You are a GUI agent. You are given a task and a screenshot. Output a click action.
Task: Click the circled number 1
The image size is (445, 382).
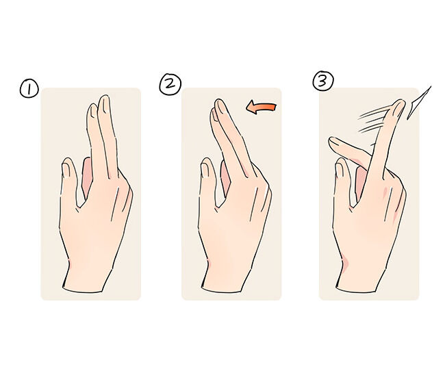(29, 88)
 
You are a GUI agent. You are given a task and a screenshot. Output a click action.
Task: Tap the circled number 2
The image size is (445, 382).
(170, 84)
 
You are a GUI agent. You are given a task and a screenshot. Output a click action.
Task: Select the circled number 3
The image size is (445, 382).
(323, 81)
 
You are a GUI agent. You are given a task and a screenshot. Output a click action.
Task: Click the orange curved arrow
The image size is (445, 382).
(261, 108)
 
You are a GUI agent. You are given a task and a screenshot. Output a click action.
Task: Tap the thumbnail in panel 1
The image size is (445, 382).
(66, 170)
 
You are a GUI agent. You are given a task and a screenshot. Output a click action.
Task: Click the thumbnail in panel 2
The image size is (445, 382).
(205, 170)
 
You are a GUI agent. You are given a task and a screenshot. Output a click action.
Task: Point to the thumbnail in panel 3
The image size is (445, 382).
(339, 170)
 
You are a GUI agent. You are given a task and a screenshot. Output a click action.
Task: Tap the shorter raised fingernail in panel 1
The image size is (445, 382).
(92, 112)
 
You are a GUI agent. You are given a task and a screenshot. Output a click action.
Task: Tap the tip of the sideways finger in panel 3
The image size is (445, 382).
(331, 140)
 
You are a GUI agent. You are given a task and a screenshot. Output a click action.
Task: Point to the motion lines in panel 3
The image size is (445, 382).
(372, 120)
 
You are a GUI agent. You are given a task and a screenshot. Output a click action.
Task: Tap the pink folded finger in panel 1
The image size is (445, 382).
(86, 176)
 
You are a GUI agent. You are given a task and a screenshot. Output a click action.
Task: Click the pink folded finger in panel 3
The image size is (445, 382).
(360, 181)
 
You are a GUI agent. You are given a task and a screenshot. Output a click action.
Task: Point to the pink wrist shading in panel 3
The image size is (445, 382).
(345, 262)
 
